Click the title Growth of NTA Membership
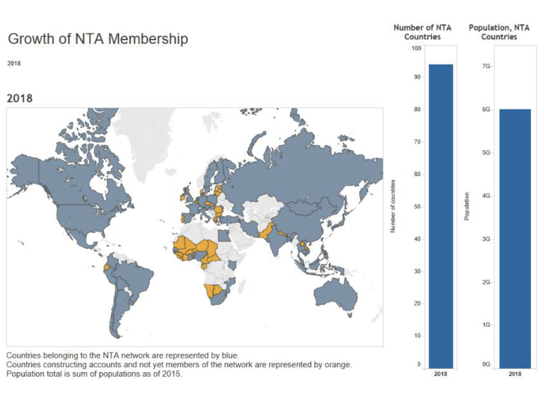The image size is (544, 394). click(x=98, y=39)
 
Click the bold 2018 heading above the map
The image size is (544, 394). click(x=19, y=98)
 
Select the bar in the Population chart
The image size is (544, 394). click(x=515, y=239)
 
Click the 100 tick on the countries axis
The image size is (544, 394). click(x=416, y=48)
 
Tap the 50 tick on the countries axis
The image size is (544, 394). click(x=417, y=206)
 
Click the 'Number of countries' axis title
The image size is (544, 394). click(x=392, y=206)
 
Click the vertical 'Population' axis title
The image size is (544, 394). click(x=466, y=206)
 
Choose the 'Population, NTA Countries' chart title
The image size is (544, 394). click(x=499, y=32)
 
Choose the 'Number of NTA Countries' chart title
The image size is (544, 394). click(x=422, y=32)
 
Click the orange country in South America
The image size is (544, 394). click(x=106, y=267)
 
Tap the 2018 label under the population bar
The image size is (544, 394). click(x=515, y=374)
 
